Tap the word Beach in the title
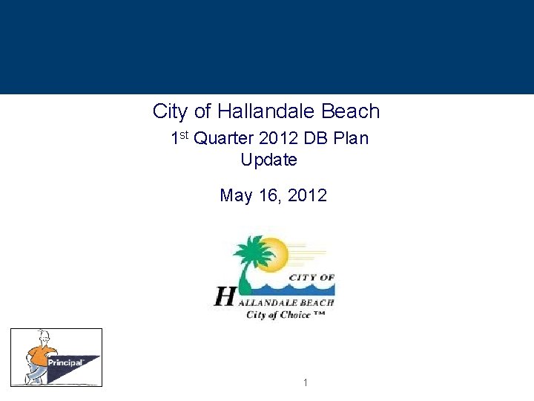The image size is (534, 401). click(350, 111)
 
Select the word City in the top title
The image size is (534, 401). click(170, 111)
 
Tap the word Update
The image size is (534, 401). click(268, 160)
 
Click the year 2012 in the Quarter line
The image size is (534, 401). click(276, 138)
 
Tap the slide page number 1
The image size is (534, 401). click(305, 382)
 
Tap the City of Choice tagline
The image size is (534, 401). click(285, 315)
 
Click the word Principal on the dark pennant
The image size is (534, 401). click(65, 362)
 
